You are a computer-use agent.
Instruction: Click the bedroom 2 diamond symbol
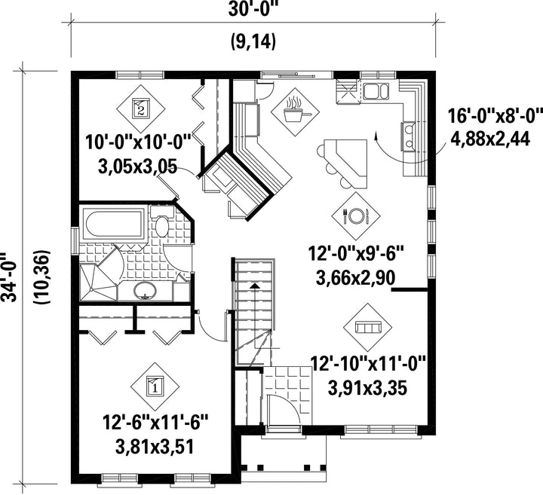140,108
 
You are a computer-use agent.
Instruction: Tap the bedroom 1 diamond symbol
155,386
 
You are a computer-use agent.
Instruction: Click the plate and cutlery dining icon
356,215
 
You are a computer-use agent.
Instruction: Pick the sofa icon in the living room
368,326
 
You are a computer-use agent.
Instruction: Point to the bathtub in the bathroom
112,224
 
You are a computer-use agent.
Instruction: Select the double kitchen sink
376,90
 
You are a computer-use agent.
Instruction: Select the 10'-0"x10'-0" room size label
139,142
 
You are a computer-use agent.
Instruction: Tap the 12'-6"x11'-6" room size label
155,423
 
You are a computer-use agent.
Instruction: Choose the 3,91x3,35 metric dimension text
367,388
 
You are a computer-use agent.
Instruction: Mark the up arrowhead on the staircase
255,286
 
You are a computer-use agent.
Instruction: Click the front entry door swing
282,410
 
